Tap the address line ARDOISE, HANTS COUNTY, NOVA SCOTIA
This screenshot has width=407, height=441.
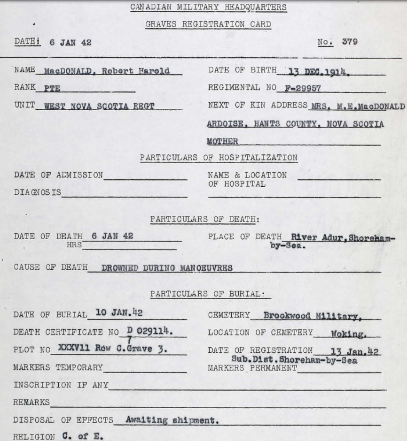tap(295, 124)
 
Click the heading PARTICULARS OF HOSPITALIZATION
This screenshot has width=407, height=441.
tap(219, 158)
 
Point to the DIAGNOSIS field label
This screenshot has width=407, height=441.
tap(38, 192)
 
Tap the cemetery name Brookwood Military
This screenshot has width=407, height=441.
tap(312, 315)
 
